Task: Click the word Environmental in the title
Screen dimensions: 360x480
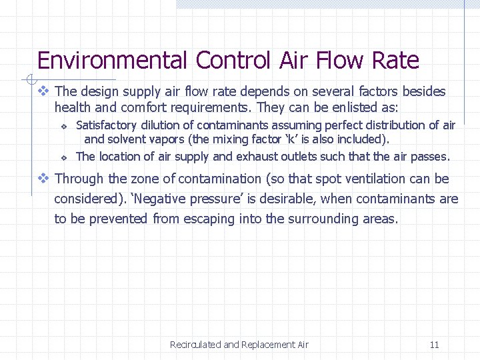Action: pyautogui.click(x=112, y=61)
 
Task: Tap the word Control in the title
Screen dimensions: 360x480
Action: pyautogui.click(x=232, y=61)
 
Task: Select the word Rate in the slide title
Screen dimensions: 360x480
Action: pyautogui.click(x=395, y=61)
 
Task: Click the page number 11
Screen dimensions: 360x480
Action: pyautogui.click(x=434, y=345)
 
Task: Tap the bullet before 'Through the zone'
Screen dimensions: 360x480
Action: pyautogui.click(x=43, y=179)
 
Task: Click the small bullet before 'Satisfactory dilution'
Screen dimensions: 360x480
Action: pyautogui.click(x=63, y=126)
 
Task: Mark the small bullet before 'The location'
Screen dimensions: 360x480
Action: pyautogui.click(x=63, y=158)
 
